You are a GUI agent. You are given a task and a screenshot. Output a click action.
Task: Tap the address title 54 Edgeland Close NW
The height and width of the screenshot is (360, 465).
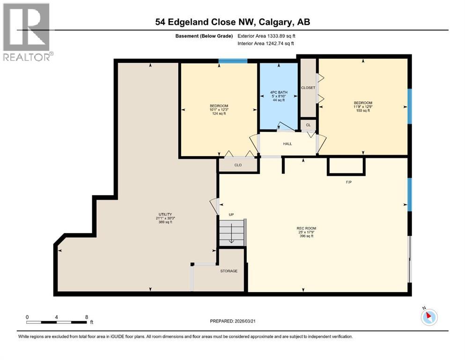pyautogui.click(x=232, y=22)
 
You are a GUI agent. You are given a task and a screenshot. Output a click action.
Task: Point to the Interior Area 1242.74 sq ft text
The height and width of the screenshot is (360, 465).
pyautogui.click(x=266, y=44)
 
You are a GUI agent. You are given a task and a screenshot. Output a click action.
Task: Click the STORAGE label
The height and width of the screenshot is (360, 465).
pyautogui.click(x=229, y=271)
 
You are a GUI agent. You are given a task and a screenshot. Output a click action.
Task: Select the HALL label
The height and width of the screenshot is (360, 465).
pyautogui.click(x=287, y=143)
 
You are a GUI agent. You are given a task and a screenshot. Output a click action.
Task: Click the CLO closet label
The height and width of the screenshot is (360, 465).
pyautogui.click(x=238, y=165)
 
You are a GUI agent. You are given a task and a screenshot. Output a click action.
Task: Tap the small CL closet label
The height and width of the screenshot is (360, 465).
pyautogui.click(x=308, y=125)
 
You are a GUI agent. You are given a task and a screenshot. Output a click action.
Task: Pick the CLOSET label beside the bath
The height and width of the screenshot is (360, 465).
pyautogui.click(x=308, y=88)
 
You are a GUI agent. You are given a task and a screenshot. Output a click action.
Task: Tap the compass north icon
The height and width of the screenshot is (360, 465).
pyautogui.click(x=428, y=317)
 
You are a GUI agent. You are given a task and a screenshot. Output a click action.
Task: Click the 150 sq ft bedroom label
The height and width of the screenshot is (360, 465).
pyautogui.click(x=363, y=107)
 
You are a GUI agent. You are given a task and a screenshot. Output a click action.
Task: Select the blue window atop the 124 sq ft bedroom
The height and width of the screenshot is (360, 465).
pyautogui.click(x=233, y=61)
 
